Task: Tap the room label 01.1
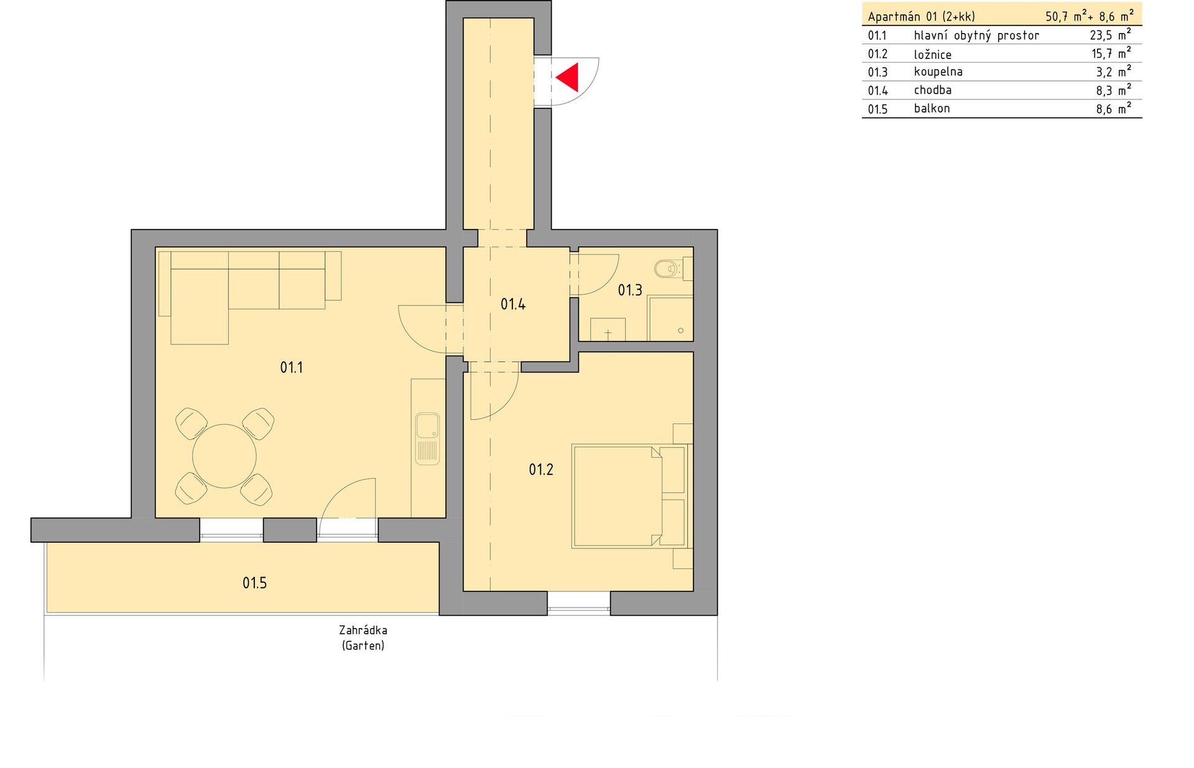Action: point(291,368)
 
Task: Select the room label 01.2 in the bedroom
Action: point(541,470)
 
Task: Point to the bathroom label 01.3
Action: point(630,290)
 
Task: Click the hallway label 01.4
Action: point(513,304)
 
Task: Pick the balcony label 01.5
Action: point(254,583)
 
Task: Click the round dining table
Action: point(224,456)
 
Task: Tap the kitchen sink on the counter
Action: point(427,439)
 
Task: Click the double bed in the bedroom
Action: point(629,496)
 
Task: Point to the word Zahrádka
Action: point(363,630)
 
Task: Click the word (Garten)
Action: point(363,645)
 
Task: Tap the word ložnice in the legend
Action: point(933,55)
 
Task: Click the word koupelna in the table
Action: point(938,72)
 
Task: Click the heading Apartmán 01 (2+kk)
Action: point(922,17)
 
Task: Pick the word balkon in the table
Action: point(932,108)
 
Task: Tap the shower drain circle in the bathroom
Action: point(681,331)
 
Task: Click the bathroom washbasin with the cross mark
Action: point(608,329)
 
